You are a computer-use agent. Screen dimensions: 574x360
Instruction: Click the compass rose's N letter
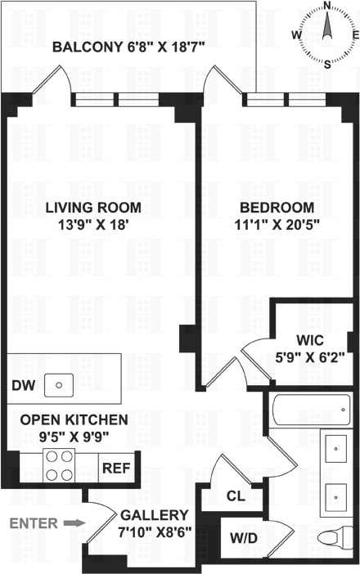point(326,6)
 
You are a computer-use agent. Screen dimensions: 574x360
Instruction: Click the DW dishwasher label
point(22,385)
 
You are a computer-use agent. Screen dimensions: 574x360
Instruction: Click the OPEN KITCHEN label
point(74,427)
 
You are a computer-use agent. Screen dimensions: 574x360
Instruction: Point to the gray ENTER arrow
point(74,522)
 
